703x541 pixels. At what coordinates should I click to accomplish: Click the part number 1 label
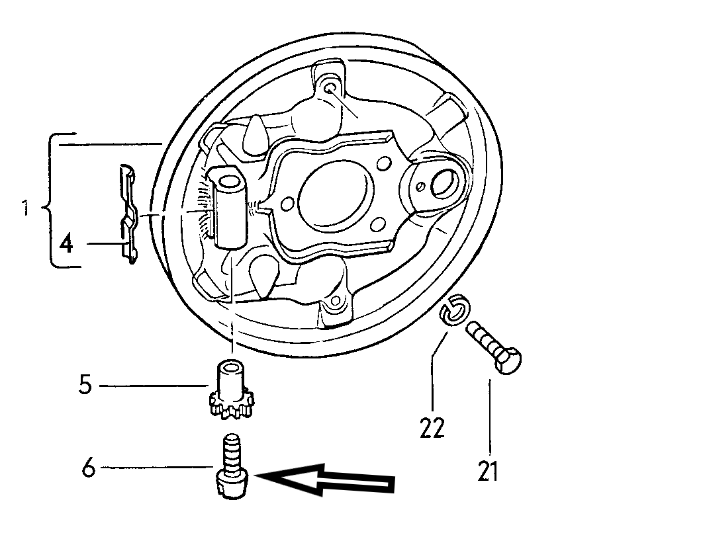[x=26, y=208]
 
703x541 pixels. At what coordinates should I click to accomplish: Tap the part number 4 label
[x=66, y=243]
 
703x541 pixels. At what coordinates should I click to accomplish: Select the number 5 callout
[x=85, y=384]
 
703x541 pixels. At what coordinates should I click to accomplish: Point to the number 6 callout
[x=89, y=468]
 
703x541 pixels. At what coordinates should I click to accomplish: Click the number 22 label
[x=432, y=427]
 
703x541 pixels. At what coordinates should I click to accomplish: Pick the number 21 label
[x=489, y=471]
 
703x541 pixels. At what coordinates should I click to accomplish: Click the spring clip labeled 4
[x=128, y=213]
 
